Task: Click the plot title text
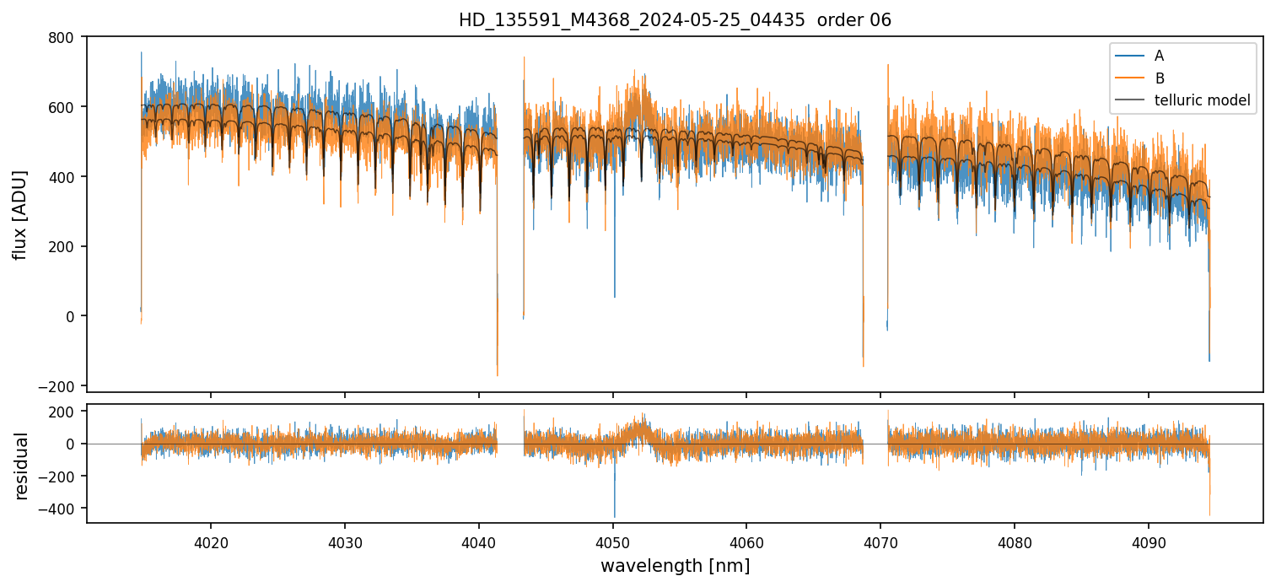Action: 675,20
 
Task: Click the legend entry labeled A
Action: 1159,56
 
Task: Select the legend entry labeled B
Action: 1159,78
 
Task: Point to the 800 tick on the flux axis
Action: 64,37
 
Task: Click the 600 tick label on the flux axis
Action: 64,107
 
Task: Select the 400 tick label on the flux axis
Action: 64,177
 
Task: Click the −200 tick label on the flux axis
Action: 61,386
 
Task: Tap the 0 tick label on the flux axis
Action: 71,316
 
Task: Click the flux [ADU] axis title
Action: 19,214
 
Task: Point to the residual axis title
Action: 21,466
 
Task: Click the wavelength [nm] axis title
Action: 675,565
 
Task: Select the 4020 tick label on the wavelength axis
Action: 211,541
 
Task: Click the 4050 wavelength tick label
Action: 613,541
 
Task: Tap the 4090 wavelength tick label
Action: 1149,541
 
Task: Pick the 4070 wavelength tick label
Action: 880,541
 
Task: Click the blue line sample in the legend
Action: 1129,56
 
